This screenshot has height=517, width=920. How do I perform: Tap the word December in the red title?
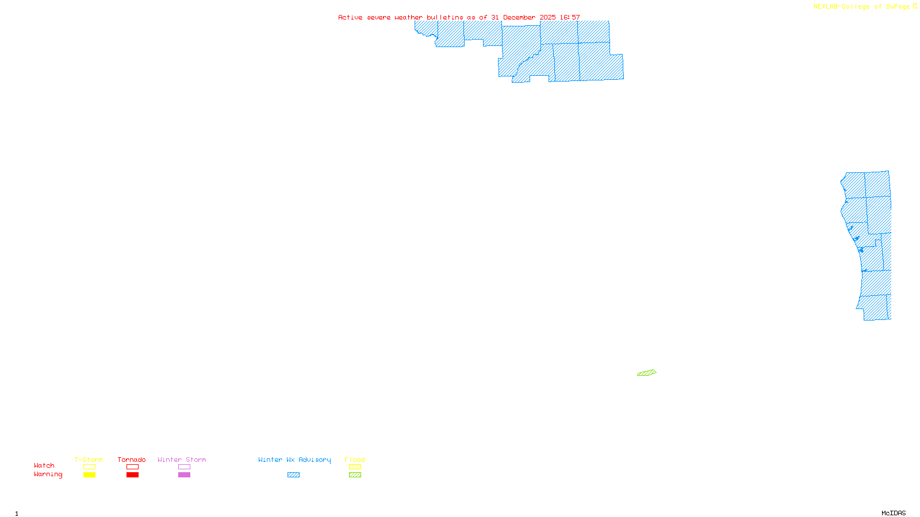point(519,17)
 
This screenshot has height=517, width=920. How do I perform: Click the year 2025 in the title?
point(547,17)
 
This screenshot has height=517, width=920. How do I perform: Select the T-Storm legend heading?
point(89,460)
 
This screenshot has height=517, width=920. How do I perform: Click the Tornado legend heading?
point(132,460)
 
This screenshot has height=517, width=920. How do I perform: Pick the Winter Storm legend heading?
point(182,460)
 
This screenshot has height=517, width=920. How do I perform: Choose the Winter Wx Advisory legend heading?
point(294,460)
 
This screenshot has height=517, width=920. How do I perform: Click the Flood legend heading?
point(355,460)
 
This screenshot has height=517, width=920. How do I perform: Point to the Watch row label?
point(44,466)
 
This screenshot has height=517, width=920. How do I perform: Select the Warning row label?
point(48,474)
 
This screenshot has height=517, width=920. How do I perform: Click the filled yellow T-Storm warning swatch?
point(89,475)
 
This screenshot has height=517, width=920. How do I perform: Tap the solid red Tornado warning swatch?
point(133,475)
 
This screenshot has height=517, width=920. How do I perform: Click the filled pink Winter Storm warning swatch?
point(184,475)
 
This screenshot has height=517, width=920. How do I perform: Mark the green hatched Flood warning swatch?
point(355,475)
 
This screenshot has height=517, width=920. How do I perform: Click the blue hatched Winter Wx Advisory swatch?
point(293,475)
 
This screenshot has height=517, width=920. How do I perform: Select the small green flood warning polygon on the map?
point(647,373)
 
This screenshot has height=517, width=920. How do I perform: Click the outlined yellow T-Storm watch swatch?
point(89,467)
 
